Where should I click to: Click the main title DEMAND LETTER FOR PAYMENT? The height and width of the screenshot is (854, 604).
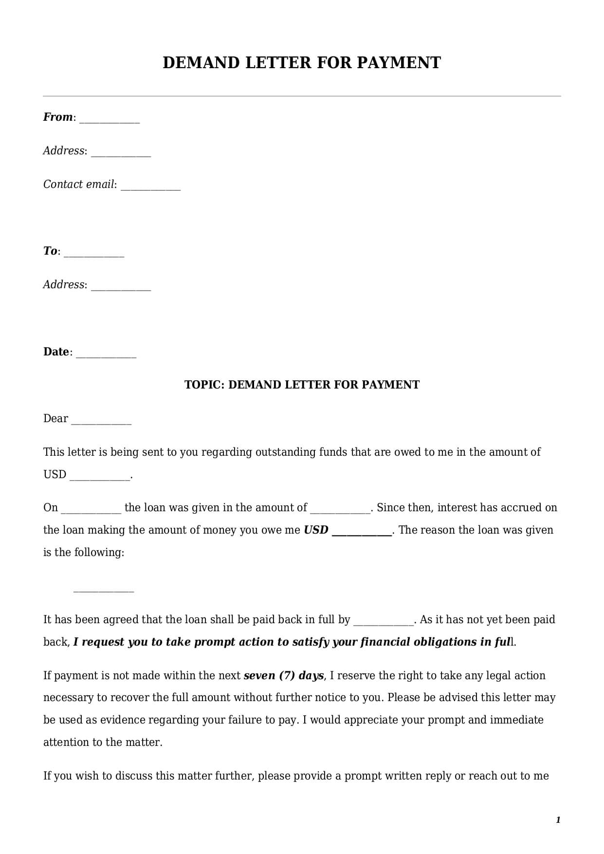click(x=301, y=63)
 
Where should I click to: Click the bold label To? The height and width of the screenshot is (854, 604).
click(x=50, y=251)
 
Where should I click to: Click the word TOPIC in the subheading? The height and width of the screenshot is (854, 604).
click(x=204, y=385)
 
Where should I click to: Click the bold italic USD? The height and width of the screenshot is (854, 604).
click(x=316, y=530)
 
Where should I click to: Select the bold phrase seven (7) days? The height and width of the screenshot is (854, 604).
click(x=283, y=676)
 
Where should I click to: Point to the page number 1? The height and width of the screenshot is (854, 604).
click(x=558, y=820)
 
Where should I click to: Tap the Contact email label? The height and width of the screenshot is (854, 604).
click(x=79, y=185)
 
